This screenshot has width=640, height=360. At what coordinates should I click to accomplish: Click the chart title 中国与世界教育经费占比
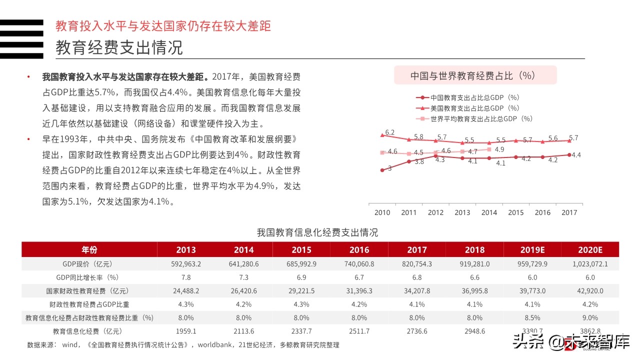coord(472,75)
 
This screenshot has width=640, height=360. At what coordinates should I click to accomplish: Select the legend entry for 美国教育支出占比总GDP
coord(467,108)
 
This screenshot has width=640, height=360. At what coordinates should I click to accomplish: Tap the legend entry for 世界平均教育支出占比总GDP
coord(474,118)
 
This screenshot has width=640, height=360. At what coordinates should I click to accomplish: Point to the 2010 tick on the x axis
coord(382,212)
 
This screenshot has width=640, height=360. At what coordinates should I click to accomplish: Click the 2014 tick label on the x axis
coord(489,212)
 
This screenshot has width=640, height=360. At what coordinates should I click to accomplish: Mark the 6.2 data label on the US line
coord(390,132)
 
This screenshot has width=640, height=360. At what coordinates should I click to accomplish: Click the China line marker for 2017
coord(569,155)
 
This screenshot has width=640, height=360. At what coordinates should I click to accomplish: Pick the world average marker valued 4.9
coord(489,149)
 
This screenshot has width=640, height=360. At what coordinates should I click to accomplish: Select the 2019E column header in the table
coord(532,250)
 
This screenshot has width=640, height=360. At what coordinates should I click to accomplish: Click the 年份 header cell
coord(89,250)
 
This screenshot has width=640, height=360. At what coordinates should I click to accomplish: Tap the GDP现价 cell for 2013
coord(186,264)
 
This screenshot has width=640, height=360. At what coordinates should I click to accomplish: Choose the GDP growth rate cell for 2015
coord(301,277)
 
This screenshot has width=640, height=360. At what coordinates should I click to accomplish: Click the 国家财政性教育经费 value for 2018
coord(474,291)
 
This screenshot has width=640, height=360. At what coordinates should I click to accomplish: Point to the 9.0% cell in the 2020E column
coord(590,317)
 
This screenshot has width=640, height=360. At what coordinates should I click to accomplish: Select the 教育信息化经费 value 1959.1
coord(186,331)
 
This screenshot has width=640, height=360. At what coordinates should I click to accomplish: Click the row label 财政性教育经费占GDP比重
coord(89,304)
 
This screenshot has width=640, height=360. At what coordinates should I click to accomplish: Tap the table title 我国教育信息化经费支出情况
coord(317,232)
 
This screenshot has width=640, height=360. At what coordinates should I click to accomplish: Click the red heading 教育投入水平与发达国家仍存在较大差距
coord(163,25)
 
